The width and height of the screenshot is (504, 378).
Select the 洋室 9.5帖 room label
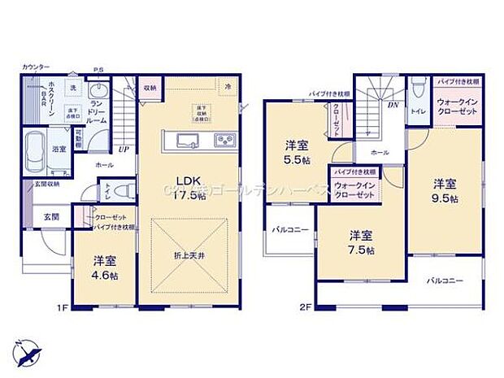pyautogui.click(x=444, y=190)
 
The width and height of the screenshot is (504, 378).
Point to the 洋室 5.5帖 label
pyautogui.click(x=297, y=151)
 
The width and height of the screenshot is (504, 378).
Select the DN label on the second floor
pyautogui.click(x=393, y=104)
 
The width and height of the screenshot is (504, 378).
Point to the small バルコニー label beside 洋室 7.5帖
pyautogui.click(x=290, y=230)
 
